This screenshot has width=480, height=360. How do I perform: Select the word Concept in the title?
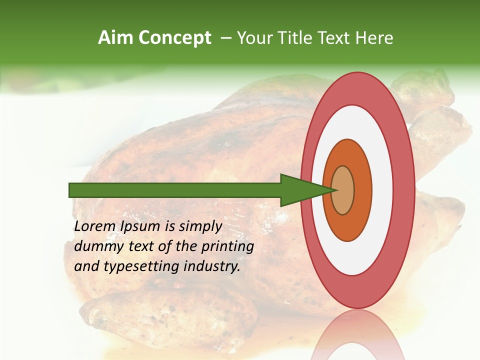click(175, 38)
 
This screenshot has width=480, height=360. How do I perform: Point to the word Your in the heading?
click(254, 38)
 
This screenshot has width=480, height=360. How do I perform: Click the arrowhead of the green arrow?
click(305, 190)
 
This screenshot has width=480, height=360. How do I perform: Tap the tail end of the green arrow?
click(72, 190)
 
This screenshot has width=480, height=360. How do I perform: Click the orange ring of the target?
click(362, 190)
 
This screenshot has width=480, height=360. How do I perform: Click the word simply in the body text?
click(200, 226)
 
